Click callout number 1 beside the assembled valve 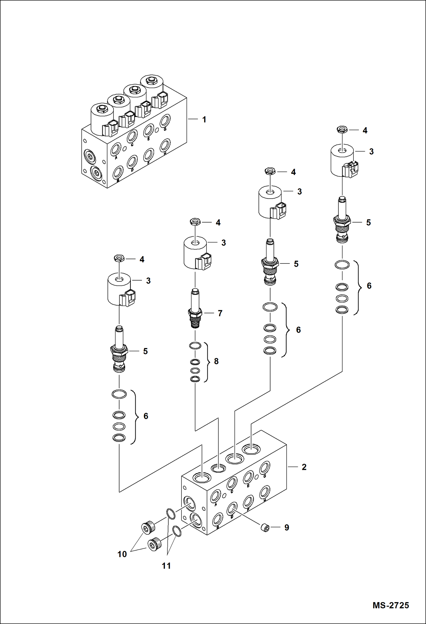tap(204, 120)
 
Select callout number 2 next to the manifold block tap(304, 467)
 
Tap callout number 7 tap(220, 313)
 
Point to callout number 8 tap(216, 361)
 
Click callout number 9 tap(287, 528)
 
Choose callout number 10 tap(122, 554)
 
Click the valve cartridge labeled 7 tap(195, 309)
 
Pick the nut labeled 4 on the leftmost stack tap(119, 258)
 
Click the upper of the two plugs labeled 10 tap(148, 528)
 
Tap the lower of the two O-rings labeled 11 tap(177, 531)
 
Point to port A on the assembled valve tap(115, 149)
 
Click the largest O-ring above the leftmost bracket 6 tap(119, 394)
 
